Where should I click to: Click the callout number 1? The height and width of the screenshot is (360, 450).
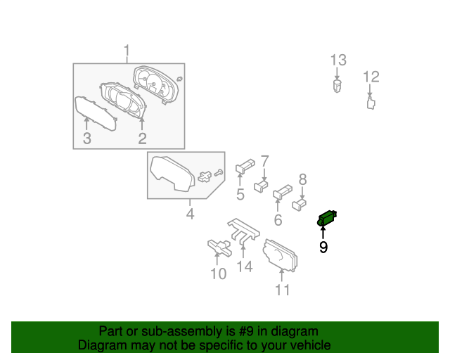tap(127, 51)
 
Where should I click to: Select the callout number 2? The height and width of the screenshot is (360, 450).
tap(142, 139)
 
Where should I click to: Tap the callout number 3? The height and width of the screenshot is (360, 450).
tap(86, 139)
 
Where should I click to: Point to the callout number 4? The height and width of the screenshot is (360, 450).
tap(190, 213)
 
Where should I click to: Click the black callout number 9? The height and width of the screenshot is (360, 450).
tap(323, 247)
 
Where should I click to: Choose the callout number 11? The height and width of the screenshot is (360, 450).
tap(282, 290)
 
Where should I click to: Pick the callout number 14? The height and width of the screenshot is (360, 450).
tap(244, 266)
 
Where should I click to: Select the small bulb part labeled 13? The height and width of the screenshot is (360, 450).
tap(337, 87)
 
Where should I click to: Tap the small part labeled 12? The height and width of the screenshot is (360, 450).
tap(371, 103)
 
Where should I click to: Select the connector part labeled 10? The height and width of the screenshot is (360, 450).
tap(219, 247)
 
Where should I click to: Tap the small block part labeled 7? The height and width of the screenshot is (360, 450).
tap(262, 186)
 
